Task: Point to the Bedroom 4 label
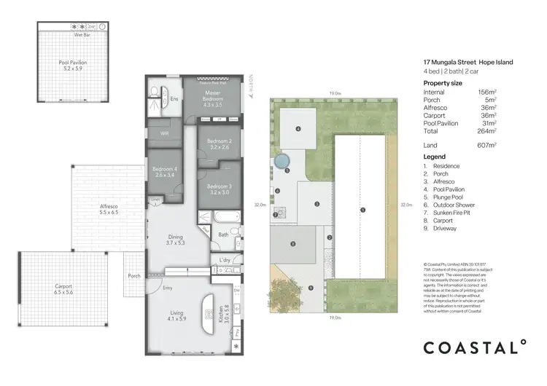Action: coord(164,172)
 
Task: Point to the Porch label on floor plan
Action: coord(133,276)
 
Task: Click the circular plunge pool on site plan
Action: coord(282,159)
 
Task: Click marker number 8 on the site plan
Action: coord(292,244)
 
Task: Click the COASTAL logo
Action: coord(475,347)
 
